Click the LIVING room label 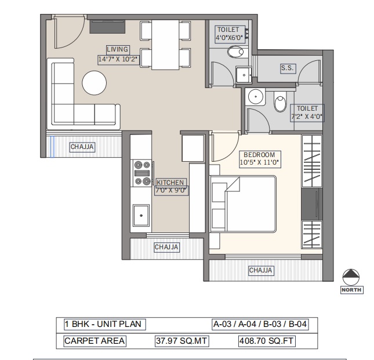pos(118,49)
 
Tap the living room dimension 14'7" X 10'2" pos(118,59)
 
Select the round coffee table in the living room pos(94,83)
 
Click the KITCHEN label pos(170,183)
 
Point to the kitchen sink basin pos(141,215)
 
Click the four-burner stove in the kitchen pos(142,173)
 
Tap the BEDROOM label pos(259,154)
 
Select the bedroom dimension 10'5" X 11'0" pos(259,162)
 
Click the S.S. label pos(287,68)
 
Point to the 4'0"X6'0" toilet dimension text pos(229,38)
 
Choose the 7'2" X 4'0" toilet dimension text pos(307,117)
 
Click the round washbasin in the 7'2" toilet pos(256,97)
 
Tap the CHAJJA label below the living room pos(82,147)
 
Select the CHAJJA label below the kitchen pos(166,247)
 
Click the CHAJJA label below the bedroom pos(260,270)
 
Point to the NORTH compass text pos(351,290)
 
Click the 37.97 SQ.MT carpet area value pos(181,341)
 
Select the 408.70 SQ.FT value pos(266,341)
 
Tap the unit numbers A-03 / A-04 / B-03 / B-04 pos(260,324)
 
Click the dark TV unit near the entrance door pos(107,27)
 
